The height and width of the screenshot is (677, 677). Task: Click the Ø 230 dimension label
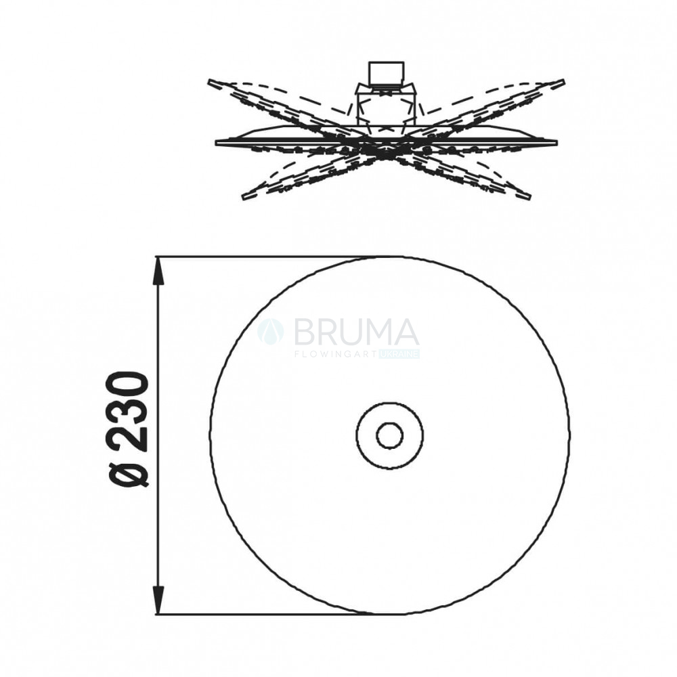pyautogui.click(x=128, y=430)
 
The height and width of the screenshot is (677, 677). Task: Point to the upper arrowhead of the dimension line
pyautogui.click(x=159, y=271)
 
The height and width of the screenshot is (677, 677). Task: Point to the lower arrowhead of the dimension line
pyautogui.click(x=159, y=600)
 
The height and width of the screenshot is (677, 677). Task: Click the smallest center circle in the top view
pyautogui.click(x=389, y=435)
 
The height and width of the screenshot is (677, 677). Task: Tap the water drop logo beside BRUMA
pyautogui.click(x=271, y=332)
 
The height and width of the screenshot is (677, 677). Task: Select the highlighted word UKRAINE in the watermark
pyautogui.click(x=399, y=354)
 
